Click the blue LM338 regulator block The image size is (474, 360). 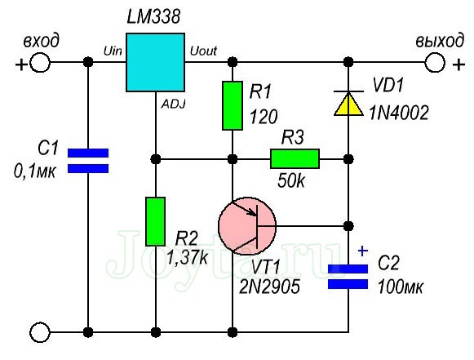(x=156, y=62)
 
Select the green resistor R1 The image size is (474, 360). (x=233, y=105)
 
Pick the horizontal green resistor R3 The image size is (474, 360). (x=295, y=158)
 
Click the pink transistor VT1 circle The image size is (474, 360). (x=247, y=224)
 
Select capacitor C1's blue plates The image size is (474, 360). (x=87, y=161)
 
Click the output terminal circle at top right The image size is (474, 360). (x=433, y=62)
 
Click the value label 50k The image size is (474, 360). (x=291, y=180)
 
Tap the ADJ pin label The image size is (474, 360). (x=174, y=103)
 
